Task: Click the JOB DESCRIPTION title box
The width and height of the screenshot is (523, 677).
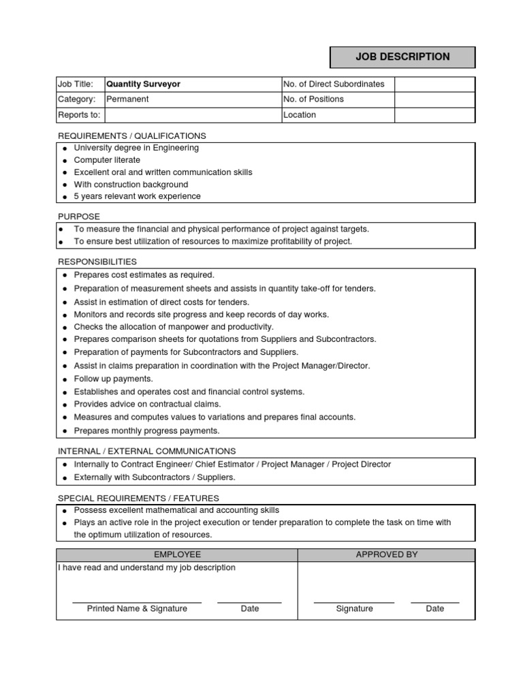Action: point(402,57)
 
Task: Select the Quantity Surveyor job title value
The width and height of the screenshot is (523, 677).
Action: point(143,84)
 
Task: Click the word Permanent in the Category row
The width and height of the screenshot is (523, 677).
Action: point(127,99)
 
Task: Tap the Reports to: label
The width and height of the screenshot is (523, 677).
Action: point(79,115)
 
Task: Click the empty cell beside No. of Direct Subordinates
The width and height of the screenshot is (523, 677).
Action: point(434,84)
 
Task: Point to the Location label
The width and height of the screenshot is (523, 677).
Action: point(300,115)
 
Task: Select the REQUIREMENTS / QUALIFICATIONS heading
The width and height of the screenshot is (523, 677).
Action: point(131,136)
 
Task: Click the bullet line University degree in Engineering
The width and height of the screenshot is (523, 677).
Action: point(136,148)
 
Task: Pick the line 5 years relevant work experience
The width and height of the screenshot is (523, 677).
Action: point(137,197)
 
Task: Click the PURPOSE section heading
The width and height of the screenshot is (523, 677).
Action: point(79,217)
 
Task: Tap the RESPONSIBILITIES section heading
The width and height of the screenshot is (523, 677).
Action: point(97,262)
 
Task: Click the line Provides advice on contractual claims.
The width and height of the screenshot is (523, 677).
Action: point(147,404)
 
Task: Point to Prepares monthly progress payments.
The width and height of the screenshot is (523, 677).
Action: point(146,431)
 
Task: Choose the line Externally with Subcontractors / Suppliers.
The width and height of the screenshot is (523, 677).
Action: point(154,477)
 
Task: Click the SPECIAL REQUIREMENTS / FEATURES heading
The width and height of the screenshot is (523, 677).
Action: point(138,499)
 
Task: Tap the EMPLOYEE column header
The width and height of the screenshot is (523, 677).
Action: point(177,555)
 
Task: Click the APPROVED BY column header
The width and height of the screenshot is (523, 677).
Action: point(386,555)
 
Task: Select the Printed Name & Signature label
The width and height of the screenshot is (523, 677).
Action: point(137,609)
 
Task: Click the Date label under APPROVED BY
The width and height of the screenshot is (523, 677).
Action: point(434,609)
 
